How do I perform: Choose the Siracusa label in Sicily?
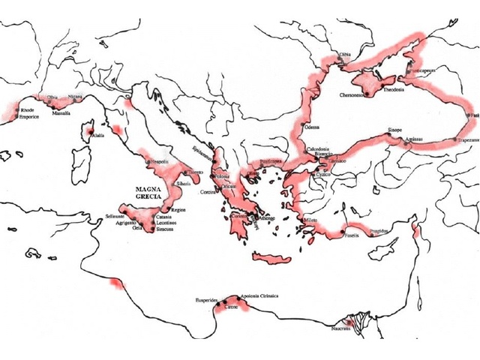(166, 229)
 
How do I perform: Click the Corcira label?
(207, 192)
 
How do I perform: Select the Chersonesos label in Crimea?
(354, 95)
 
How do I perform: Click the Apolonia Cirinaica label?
(259, 296)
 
